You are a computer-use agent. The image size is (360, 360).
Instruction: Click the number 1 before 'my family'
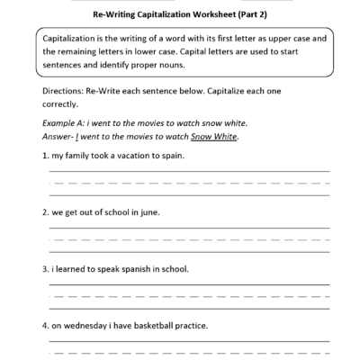click(x=44, y=156)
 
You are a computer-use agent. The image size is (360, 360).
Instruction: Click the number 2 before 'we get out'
click(x=44, y=212)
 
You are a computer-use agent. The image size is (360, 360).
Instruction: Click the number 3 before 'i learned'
click(x=44, y=269)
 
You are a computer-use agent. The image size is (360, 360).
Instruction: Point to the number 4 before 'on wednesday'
click(x=44, y=326)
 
